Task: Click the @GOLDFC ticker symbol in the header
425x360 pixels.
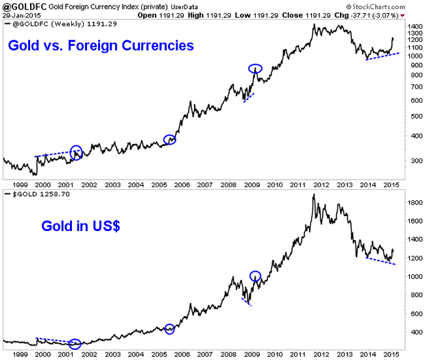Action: pyautogui.click(x=22, y=6)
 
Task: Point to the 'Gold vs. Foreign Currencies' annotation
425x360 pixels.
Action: pyautogui.click(x=100, y=46)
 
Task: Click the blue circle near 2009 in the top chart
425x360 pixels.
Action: pyautogui.click(x=255, y=69)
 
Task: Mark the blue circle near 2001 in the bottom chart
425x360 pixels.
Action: pyautogui.click(x=75, y=344)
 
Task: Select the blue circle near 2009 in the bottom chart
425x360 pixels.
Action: pyautogui.click(x=256, y=276)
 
